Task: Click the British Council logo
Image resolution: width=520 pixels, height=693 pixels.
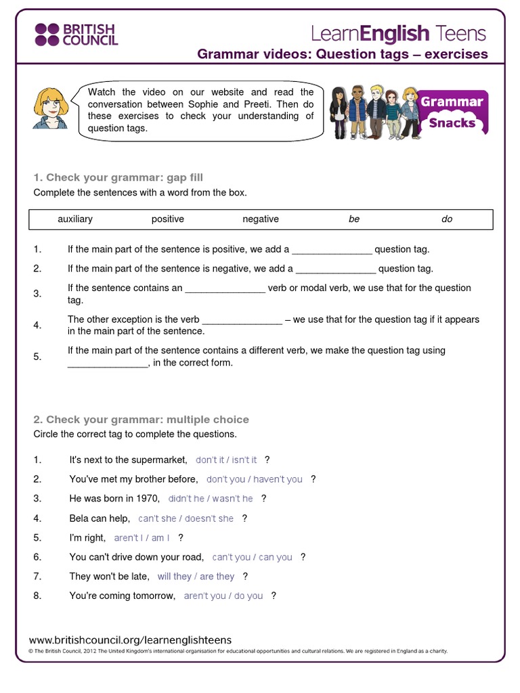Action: click(77, 34)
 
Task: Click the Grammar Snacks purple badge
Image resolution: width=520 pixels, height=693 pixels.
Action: click(452, 112)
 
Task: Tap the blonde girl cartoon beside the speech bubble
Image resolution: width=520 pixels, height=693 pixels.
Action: click(51, 108)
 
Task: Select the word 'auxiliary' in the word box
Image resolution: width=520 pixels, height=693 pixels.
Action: click(75, 219)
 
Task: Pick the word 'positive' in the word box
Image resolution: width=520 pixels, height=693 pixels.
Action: click(167, 219)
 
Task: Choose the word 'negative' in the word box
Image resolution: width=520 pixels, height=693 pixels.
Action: click(261, 219)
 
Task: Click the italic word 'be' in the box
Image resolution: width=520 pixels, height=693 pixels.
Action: click(354, 219)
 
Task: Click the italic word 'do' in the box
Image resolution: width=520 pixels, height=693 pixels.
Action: click(447, 219)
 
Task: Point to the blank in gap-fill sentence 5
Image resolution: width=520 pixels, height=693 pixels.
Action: click(107, 363)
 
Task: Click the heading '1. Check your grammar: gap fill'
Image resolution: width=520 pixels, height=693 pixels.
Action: click(118, 178)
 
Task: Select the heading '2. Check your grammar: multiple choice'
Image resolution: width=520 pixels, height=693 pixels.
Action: click(141, 420)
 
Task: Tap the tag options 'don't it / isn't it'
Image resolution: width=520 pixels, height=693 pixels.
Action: click(226, 460)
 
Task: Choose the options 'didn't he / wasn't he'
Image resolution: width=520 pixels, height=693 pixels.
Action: click(211, 499)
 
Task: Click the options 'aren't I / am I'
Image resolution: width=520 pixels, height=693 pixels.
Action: click(142, 538)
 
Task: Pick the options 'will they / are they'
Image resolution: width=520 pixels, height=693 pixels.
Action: click(196, 577)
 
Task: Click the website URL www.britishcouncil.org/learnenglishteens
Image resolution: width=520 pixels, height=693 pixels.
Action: click(130, 640)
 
